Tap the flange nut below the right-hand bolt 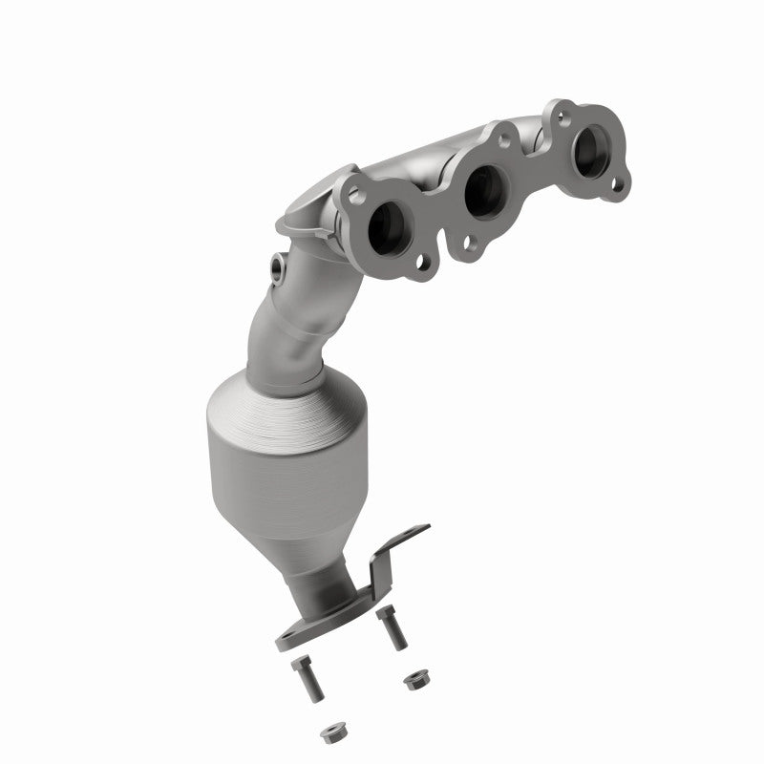[x=414, y=681]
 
